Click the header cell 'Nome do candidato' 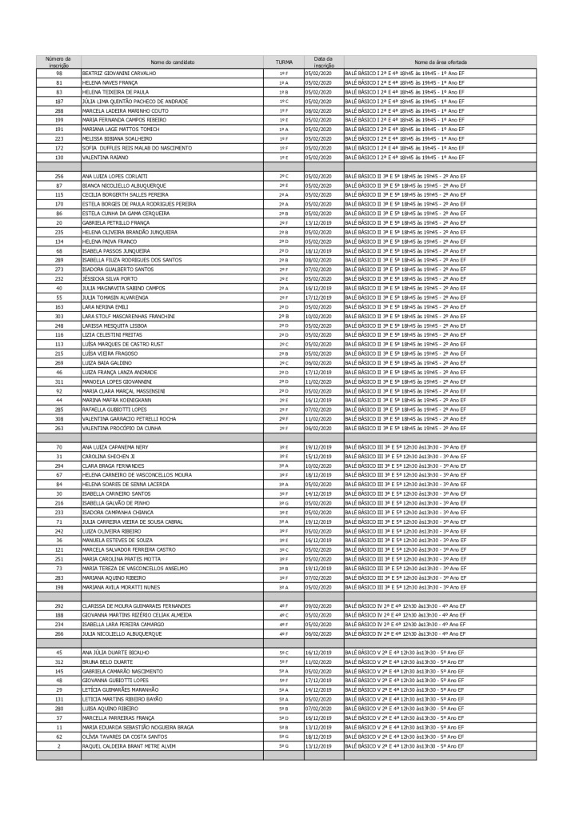tap(172, 62)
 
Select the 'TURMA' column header tap(283, 62)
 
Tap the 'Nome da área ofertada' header tap(441, 62)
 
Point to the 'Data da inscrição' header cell tap(322, 62)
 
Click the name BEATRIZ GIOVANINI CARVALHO tap(119, 74)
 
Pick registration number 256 tap(58, 176)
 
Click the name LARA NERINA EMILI tap(106, 306)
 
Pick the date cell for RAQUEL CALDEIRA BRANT tap(322, 745)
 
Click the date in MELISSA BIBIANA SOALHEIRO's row tap(322, 138)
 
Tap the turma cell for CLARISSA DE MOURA tap(283, 605)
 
